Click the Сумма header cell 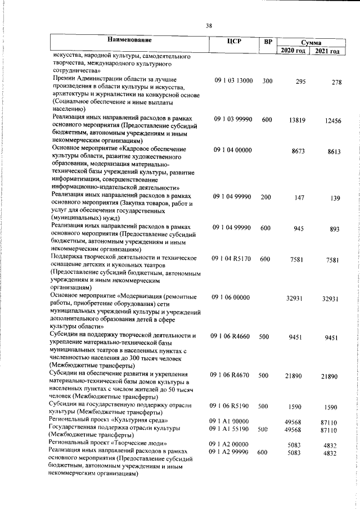tap(310, 42)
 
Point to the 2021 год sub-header tap(327, 51)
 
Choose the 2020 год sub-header tap(292, 51)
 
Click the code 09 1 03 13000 tap(233, 81)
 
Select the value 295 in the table tap(300, 82)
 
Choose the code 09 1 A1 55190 tap(233, 429)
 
